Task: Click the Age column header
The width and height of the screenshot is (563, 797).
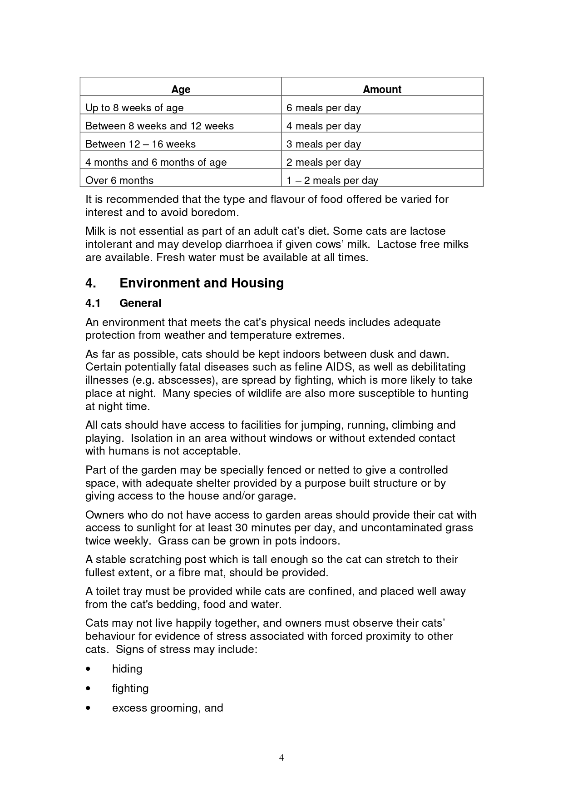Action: point(181,89)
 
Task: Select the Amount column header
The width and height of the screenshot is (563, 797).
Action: point(382,89)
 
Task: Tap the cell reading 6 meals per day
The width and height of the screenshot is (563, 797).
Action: point(323,108)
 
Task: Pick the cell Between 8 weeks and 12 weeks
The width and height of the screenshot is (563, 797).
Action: point(159,126)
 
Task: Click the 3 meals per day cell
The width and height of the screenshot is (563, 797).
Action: point(323,144)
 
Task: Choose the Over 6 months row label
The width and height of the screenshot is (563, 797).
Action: point(119,181)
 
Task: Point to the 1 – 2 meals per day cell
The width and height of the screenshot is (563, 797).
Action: point(332,181)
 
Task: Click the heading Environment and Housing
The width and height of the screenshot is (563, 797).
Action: point(201,283)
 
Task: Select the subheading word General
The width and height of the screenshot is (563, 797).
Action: point(140,303)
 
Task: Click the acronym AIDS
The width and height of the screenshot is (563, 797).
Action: point(339,367)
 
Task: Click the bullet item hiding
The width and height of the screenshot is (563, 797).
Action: point(127,669)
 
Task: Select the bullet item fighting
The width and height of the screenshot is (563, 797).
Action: point(130,688)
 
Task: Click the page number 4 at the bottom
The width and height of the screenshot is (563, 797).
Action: point(281,757)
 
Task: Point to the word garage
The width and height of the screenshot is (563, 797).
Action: point(277,496)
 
